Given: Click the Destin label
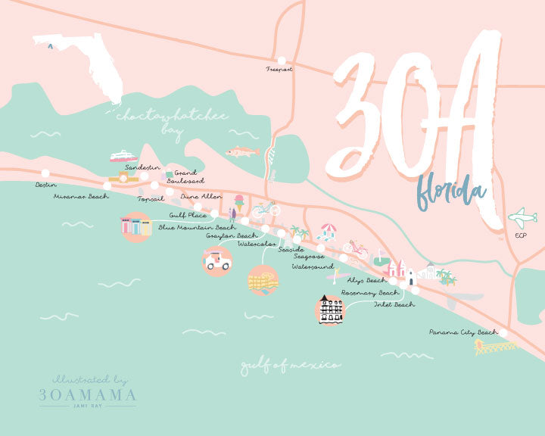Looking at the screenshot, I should pyautogui.click(x=45, y=185).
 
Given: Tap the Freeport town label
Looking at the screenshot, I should pyautogui.click(x=279, y=69).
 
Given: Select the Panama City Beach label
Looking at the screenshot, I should pyautogui.click(x=463, y=332).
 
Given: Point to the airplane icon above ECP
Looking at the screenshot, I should pyautogui.click(x=522, y=218).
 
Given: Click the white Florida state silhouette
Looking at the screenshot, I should pyautogui.click(x=83, y=60).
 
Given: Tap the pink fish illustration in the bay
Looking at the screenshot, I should pyautogui.click(x=242, y=151).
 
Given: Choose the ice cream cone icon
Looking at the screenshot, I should pyautogui.click(x=239, y=202).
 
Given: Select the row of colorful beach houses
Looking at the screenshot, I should pyautogui.click(x=136, y=226).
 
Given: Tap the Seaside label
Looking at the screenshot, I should pyautogui.click(x=291, y=249).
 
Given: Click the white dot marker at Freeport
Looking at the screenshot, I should pyautogui.click(x=282, y=60).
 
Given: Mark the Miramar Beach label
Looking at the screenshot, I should pyautogui.click(x=81, y=197).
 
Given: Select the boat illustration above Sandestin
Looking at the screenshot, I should pyautogui.click(x=123, y=156).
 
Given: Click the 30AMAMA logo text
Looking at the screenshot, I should pyautogui.click(x=88, y=394).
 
